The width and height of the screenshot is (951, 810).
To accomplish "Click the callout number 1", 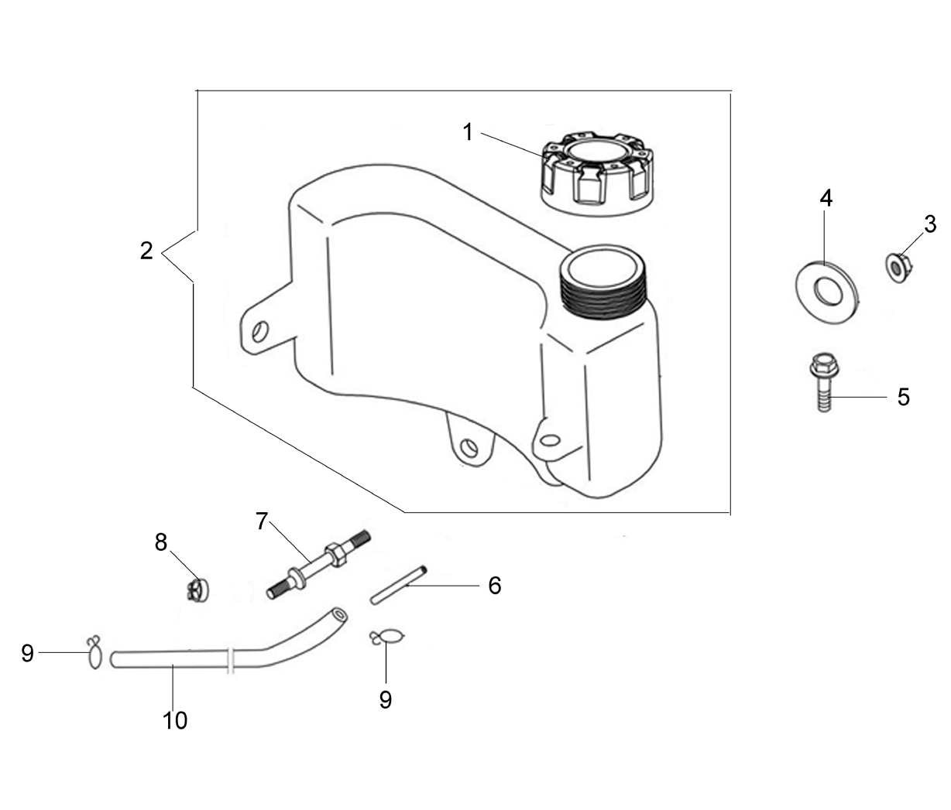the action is tap(468, 132).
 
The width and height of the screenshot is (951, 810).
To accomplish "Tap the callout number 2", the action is tap(146, 251).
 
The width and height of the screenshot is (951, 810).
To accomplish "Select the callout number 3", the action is tap(930, 224).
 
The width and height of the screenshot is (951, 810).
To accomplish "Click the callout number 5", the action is tap(904, 397).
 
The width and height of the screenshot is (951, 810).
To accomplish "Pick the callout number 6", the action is tap(495, 586).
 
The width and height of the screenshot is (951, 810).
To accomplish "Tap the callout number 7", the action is tap(262, 521).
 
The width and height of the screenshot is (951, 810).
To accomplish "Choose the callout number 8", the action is tap(160, 542).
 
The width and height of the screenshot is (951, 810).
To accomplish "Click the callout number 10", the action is tap(175, 720).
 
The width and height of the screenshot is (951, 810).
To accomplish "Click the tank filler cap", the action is tap(599, 174).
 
